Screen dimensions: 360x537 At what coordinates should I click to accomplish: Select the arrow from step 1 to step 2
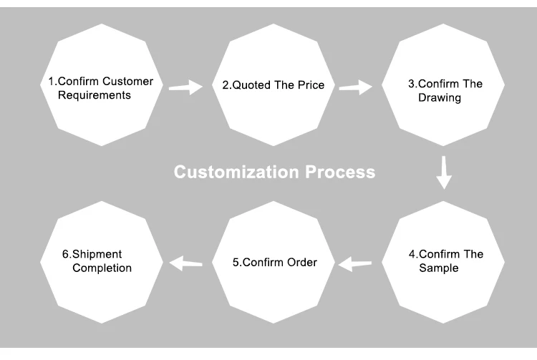(x=185, y=87)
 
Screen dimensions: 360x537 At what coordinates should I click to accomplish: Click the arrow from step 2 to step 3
(x=355, y=87)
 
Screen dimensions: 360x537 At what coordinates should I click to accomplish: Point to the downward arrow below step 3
(x=445, y=172)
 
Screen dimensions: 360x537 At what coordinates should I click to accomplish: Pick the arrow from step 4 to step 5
(x=355, y=264)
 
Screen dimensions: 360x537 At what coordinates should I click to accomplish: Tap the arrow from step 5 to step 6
(x=185, y=263)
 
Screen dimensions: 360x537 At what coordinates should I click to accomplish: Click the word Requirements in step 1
(x=95, y=95)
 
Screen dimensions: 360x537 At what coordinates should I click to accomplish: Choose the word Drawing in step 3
(x=440, y=97)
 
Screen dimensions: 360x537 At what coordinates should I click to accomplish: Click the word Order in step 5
(x=301, y=262)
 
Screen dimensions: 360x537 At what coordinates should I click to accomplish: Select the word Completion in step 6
(x=102, y=268)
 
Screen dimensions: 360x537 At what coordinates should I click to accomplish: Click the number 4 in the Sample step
(x=412, y=254)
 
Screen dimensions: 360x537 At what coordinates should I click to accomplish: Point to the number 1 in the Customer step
(x=51, y=82)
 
